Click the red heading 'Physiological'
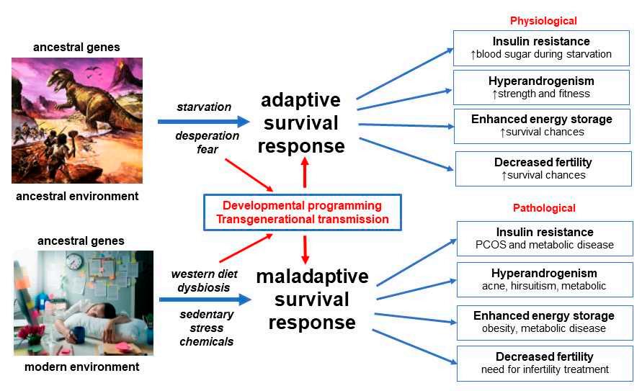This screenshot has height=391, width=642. pyautogui.click(x=543, y=21)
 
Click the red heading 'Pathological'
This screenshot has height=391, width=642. pyautogui.click(x=544, y=208)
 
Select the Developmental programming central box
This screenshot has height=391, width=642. pyautogui.click(x=301, y=212)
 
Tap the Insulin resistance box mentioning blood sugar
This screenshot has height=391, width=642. pyautogui.click(x=541, y=48)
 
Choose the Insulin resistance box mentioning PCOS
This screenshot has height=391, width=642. pyautogui.click(x=545, y=238)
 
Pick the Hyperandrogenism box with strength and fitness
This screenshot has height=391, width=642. pyautogui.click(x=541, y=86)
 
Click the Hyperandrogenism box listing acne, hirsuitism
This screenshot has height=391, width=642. pyautogui.click(x=544, y=279)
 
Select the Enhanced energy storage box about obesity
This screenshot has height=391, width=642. pyautogui.click(x=544, y=322)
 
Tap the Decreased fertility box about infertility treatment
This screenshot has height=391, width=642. pyautogui.click(x=544, y=363)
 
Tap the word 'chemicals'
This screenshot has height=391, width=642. pyautogui.click(x=207, y=341)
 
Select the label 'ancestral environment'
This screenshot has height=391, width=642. pyautogui.click(x=76, y=196)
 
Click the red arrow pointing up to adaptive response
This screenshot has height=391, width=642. pyautogui.click(x=304, y=173)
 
